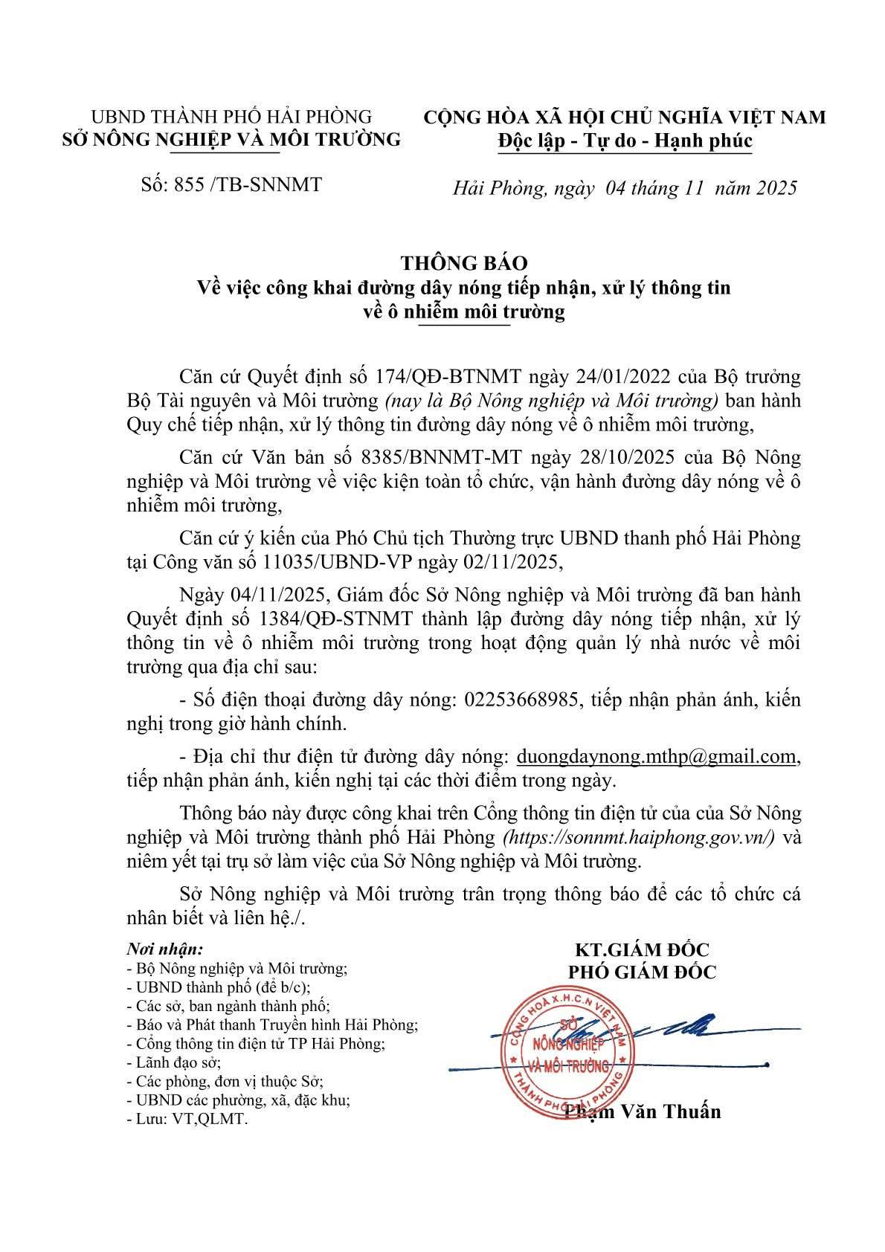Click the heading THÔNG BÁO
point(464,262)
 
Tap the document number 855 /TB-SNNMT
point(231,184)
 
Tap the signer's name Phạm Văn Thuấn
point(643,1111)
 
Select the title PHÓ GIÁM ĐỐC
point(642,972)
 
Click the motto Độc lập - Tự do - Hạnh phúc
point(624,140)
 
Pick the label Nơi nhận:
point(164,949)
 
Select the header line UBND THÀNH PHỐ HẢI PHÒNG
point(231,117)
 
